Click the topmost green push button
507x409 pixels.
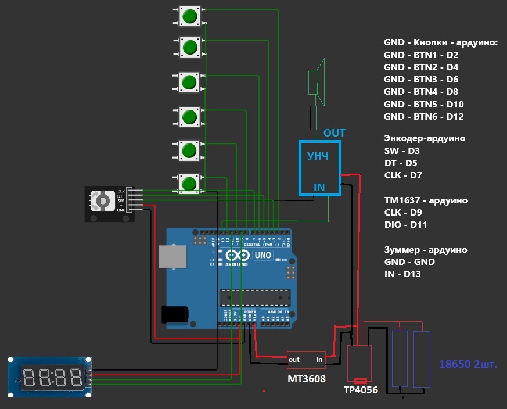[x=188, y=16]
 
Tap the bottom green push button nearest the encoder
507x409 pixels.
[x=188, y=184]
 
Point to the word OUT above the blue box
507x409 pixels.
[x=335, y=133]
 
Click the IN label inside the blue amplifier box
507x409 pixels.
[x=319, y=187]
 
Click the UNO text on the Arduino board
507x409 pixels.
[x=264, y=255]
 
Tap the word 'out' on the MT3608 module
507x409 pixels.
[x=294, y=360]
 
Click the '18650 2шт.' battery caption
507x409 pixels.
[x=469, y=365]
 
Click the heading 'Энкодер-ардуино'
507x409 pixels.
[x=425, y=139]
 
